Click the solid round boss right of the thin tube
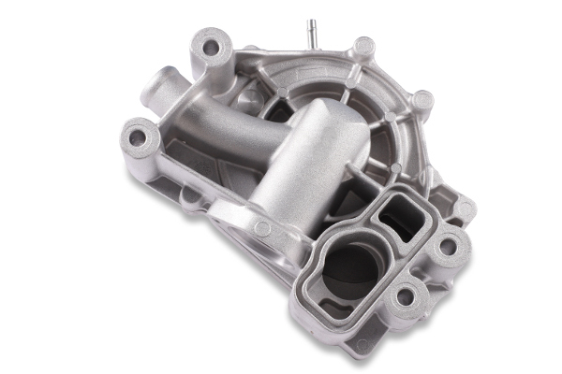coord(363,47)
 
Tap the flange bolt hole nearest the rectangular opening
coord(448,245)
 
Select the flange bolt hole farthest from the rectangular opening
coord(405,298)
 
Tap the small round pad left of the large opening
coord(262,228)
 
